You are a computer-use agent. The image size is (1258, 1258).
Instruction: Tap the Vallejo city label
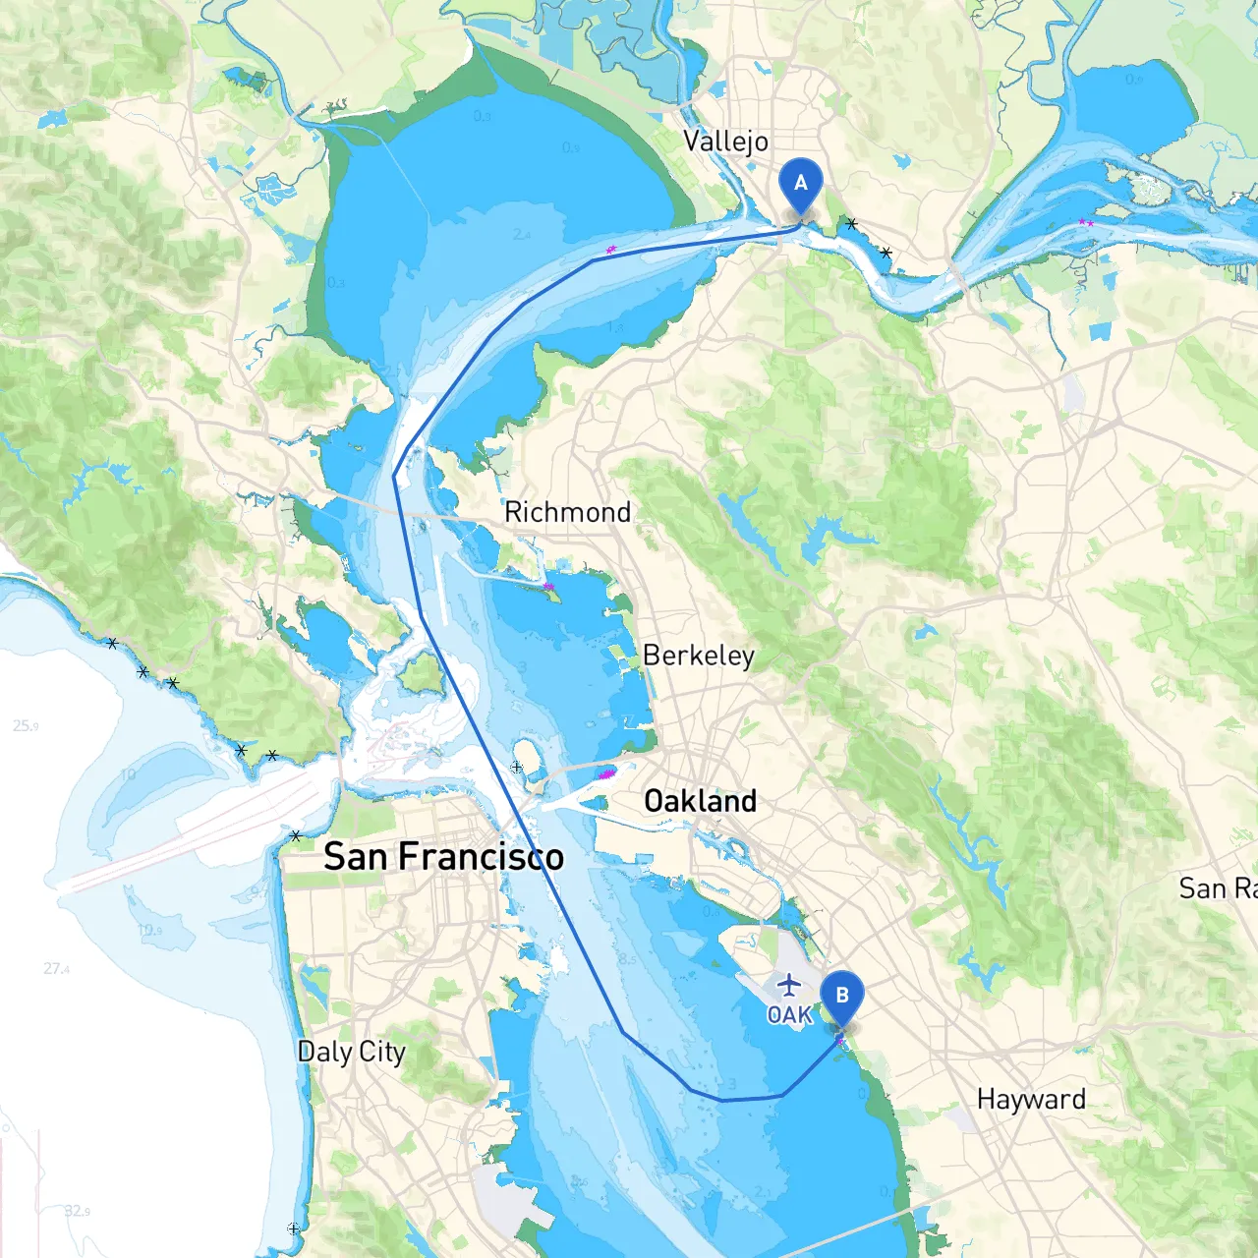tap(725, 142)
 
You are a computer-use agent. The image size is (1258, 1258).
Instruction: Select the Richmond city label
tap(567, 512)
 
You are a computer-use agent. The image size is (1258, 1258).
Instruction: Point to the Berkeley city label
tap(698, 656)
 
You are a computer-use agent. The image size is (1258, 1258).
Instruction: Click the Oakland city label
tap(700, 801)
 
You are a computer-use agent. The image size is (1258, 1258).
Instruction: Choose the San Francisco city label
tap(443, 857)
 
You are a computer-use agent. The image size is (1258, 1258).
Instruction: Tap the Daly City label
tap(351, 1052)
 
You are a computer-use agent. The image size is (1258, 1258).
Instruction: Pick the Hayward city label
tap(1031, 1099)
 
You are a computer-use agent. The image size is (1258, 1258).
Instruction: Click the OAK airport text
tap(789, 1014)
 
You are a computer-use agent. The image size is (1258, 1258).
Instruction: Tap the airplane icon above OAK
tap(788, 984)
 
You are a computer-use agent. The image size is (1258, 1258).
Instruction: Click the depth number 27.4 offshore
tap(56, 969)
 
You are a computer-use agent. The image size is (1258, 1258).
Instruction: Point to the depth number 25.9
tap(26, 726)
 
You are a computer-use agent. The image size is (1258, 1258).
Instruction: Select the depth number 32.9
tap(77, 1211)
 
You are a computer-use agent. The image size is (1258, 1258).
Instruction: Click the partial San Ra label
tap(1217, 888)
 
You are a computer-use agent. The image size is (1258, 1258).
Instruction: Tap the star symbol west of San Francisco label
tap(296, 836)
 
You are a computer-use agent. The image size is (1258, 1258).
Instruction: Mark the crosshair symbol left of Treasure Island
tap(517, 767)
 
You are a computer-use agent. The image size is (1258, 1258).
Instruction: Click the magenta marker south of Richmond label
tap(549, 587)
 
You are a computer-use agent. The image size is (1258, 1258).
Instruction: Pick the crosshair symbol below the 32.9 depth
tap(293, 1229)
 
